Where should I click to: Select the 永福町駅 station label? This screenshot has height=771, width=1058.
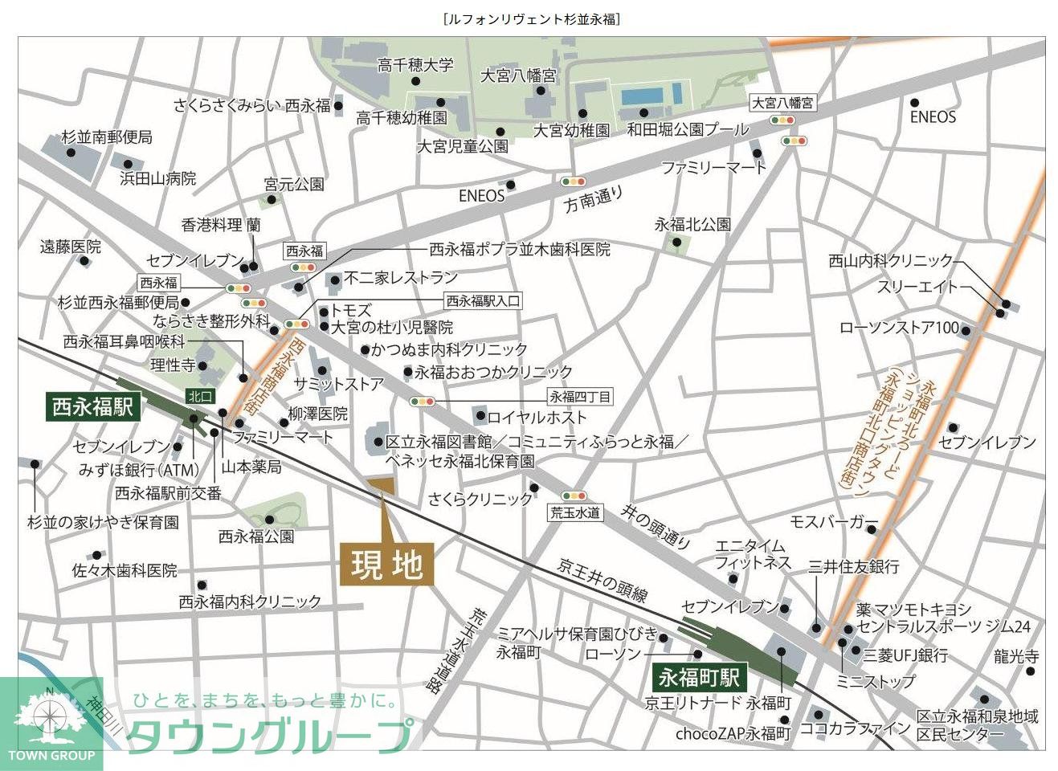coord(698,676)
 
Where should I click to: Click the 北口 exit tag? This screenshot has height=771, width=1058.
coord(200,395)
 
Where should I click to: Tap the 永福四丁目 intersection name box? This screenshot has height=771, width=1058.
coord(580,396)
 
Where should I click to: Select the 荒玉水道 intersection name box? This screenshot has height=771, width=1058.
coord(574,512)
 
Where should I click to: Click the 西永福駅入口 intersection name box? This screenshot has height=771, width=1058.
coord(483,301)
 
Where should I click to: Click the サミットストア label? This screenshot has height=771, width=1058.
coord(338,384)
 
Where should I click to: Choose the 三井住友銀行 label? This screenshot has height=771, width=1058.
coord(853,566)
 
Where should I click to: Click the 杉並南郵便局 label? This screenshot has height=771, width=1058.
coord(107,137)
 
